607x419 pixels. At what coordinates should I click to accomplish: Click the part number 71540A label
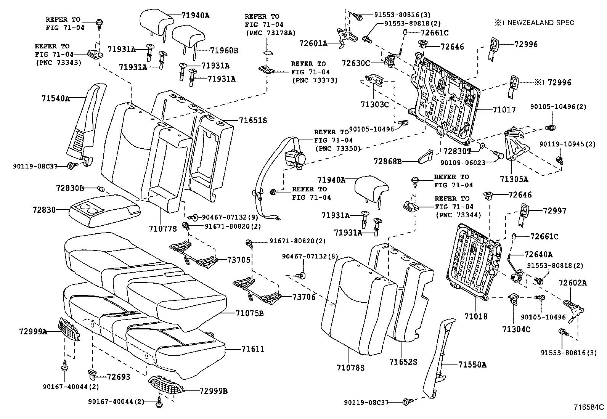point(56,98)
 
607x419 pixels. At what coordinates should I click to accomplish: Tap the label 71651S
point(253,120)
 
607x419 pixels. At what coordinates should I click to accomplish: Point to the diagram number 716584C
point(590,407)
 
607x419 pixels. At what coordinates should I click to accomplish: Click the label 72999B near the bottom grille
point(214,391)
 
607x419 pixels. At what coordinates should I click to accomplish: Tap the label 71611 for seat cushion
point(252,349)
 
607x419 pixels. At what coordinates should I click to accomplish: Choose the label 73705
point(239,260)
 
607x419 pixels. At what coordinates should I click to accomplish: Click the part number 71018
point(476,316)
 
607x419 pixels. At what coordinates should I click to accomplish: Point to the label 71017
point(504,110)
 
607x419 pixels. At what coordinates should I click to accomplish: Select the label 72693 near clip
point(119,377)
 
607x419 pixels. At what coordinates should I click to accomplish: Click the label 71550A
point(472,365)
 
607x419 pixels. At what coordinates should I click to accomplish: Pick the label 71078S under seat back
point(351,368)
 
